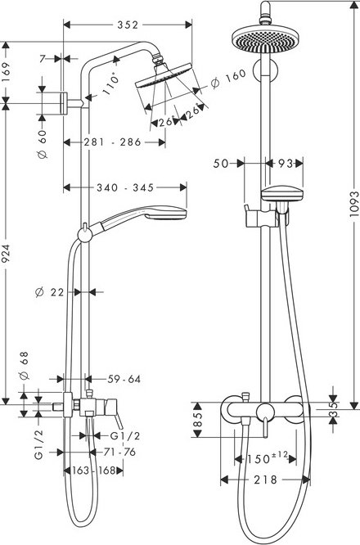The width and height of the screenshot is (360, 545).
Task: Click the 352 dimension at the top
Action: pyautogui.click(x=128, y=25)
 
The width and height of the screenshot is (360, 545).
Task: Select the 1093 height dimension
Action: pyautogui.click(x=354, y=204)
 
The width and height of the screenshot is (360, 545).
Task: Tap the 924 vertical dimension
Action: pyautogui.click(x=7, y=254)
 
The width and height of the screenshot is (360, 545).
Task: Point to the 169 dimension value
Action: pyautogui.click(x=7, y=72)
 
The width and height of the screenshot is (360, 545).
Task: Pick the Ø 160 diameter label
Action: pyautogui.click(x=228, y=79)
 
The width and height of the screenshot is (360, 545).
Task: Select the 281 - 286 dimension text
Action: pyautogui.click(x=113, y=142)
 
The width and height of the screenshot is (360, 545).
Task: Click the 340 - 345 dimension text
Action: pyautogui.click(x=125, y=187)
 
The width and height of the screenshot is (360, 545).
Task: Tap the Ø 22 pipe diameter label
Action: pyautogui.click(x=50, y=292)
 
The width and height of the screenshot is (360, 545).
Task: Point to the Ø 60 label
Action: pyautogui.click(x=42, y=144)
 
